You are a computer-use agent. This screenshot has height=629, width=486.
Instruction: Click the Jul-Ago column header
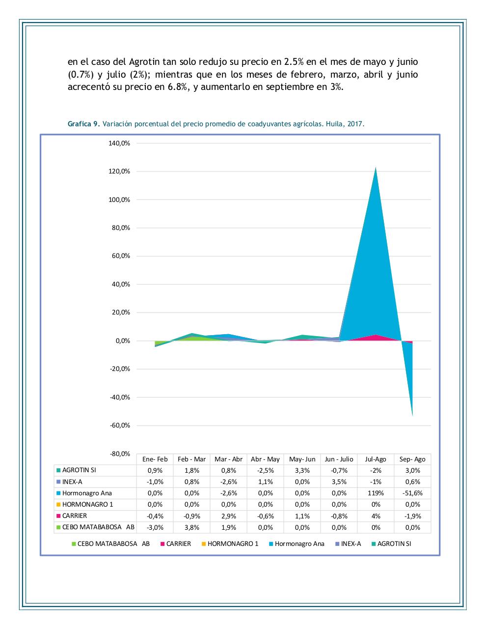376,459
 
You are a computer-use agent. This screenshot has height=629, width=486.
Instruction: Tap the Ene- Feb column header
155,459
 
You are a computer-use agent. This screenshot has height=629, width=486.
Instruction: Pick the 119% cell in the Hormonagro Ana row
376,493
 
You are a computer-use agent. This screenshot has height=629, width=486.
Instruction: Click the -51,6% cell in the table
412,493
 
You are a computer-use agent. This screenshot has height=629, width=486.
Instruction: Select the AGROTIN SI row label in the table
79,470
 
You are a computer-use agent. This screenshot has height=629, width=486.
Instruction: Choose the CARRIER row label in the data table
75,515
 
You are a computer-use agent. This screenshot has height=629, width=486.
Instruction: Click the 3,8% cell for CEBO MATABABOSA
191,527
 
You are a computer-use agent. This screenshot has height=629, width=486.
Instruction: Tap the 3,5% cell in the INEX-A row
339,482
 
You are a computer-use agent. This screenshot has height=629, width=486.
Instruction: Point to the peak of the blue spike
376,168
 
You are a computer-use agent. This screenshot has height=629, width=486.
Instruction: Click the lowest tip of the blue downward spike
412,415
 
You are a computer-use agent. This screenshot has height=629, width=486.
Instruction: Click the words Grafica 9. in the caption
83,124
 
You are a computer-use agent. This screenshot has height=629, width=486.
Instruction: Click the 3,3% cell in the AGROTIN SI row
302,470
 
